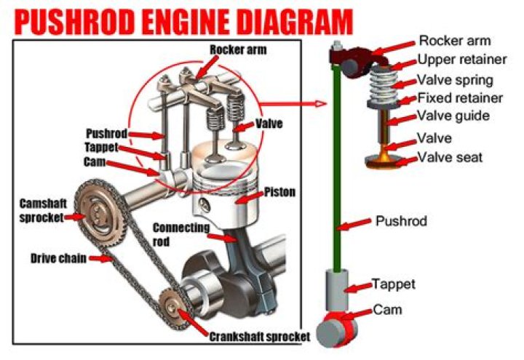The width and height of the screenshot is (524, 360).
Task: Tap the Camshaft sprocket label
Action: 43,210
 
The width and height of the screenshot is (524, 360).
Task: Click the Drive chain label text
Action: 58,258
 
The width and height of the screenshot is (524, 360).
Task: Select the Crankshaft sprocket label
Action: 260,337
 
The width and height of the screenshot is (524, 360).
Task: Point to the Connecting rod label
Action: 180,234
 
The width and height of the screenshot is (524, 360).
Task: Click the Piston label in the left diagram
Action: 279,192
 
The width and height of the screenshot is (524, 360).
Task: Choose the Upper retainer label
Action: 462,60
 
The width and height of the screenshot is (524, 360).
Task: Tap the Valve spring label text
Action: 455,80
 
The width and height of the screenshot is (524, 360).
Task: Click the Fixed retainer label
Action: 460,98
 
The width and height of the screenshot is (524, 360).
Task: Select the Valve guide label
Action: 454,116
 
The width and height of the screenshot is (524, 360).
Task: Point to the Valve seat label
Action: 450,157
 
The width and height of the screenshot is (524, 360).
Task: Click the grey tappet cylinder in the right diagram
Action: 337,290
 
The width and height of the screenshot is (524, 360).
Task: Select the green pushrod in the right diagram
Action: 336,167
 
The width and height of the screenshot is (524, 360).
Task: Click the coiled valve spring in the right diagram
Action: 383,84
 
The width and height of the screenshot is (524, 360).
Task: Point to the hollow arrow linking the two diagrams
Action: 293,104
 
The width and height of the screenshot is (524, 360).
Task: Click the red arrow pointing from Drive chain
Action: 100,258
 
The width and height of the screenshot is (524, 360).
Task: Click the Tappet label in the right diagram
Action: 394,284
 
